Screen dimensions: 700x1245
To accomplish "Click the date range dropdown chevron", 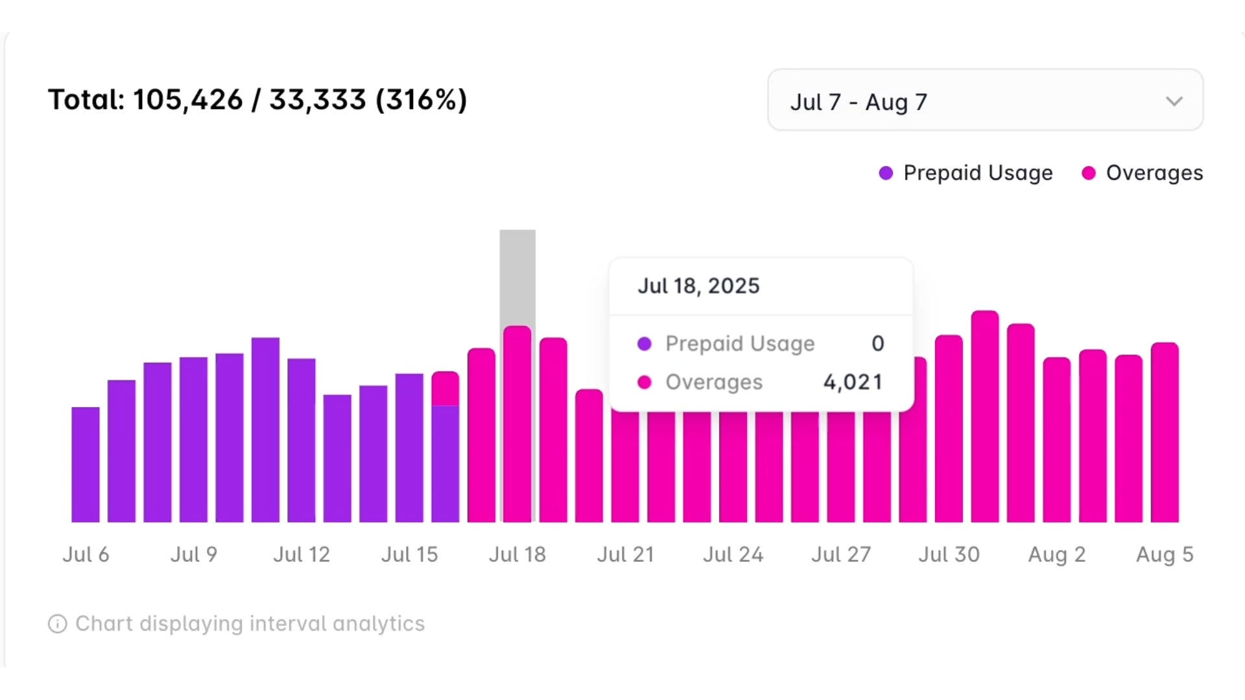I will tap(1174, 102).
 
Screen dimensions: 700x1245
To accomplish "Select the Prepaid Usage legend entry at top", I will tap(966, 173).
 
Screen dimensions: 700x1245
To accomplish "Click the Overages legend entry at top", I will tap(1143, 173).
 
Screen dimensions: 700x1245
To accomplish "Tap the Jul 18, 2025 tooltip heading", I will tap(698, 286).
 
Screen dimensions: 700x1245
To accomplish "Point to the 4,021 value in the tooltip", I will tap(853, 382).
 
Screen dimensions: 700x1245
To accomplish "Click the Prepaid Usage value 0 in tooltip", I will tap(877, 344).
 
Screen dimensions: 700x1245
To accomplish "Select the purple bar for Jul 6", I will tap(86, 464).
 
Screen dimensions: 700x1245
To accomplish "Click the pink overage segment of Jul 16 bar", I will tap(445, 389).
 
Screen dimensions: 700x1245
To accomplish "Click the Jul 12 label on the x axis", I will tap(302, 555).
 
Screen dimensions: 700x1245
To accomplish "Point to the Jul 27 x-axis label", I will tap(841, 555).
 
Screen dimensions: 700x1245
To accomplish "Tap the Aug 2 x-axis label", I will tap(1057, 555).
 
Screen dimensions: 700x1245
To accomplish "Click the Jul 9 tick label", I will tap(194, 555).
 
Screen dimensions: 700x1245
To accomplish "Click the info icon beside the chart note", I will tap(58, 624).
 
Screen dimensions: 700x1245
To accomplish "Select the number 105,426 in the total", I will tap(188, 100).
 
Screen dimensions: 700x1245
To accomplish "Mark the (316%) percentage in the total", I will tap(421, 100).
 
